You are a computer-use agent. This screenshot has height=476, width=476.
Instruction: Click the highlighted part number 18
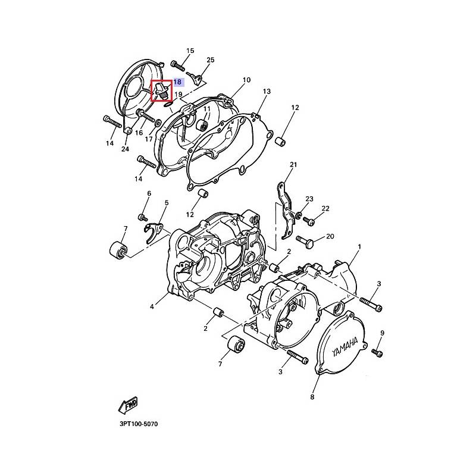coord(177,82)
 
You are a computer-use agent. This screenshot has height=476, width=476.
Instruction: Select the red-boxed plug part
coord(161,90)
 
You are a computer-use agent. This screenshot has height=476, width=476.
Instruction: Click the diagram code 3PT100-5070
coord(139,424)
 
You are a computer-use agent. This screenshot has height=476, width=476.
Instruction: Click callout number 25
coord(211,60)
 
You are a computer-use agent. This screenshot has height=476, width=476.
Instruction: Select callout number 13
coord(267,91)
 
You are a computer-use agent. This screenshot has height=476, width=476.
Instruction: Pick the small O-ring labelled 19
coord(168,105)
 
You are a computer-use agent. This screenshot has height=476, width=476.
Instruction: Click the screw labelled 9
coord(377,353)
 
